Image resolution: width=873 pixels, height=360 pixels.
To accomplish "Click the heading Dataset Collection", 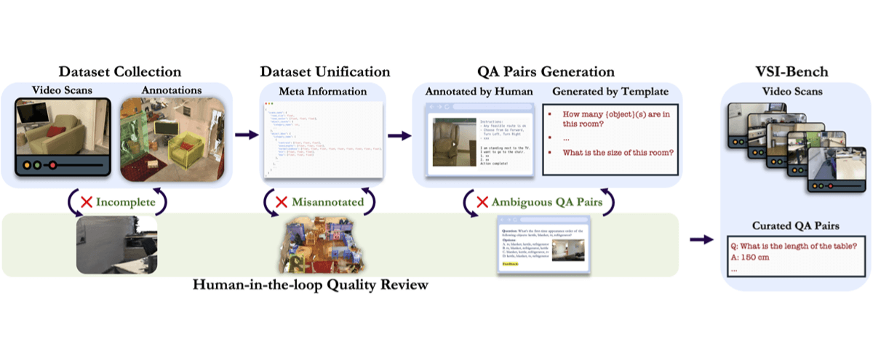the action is coord(119,72).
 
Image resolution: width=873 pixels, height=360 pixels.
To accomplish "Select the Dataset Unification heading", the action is coord(324,72).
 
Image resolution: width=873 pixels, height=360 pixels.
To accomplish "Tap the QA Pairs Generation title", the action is coord(546,72).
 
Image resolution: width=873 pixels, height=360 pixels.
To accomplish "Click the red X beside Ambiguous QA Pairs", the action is coord(482,201).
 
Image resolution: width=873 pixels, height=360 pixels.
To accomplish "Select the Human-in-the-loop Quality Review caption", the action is coord(311,284).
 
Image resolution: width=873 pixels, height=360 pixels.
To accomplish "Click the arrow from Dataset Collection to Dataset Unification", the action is coord(246,135).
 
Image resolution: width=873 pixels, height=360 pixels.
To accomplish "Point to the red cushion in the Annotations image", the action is coord(191,148).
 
